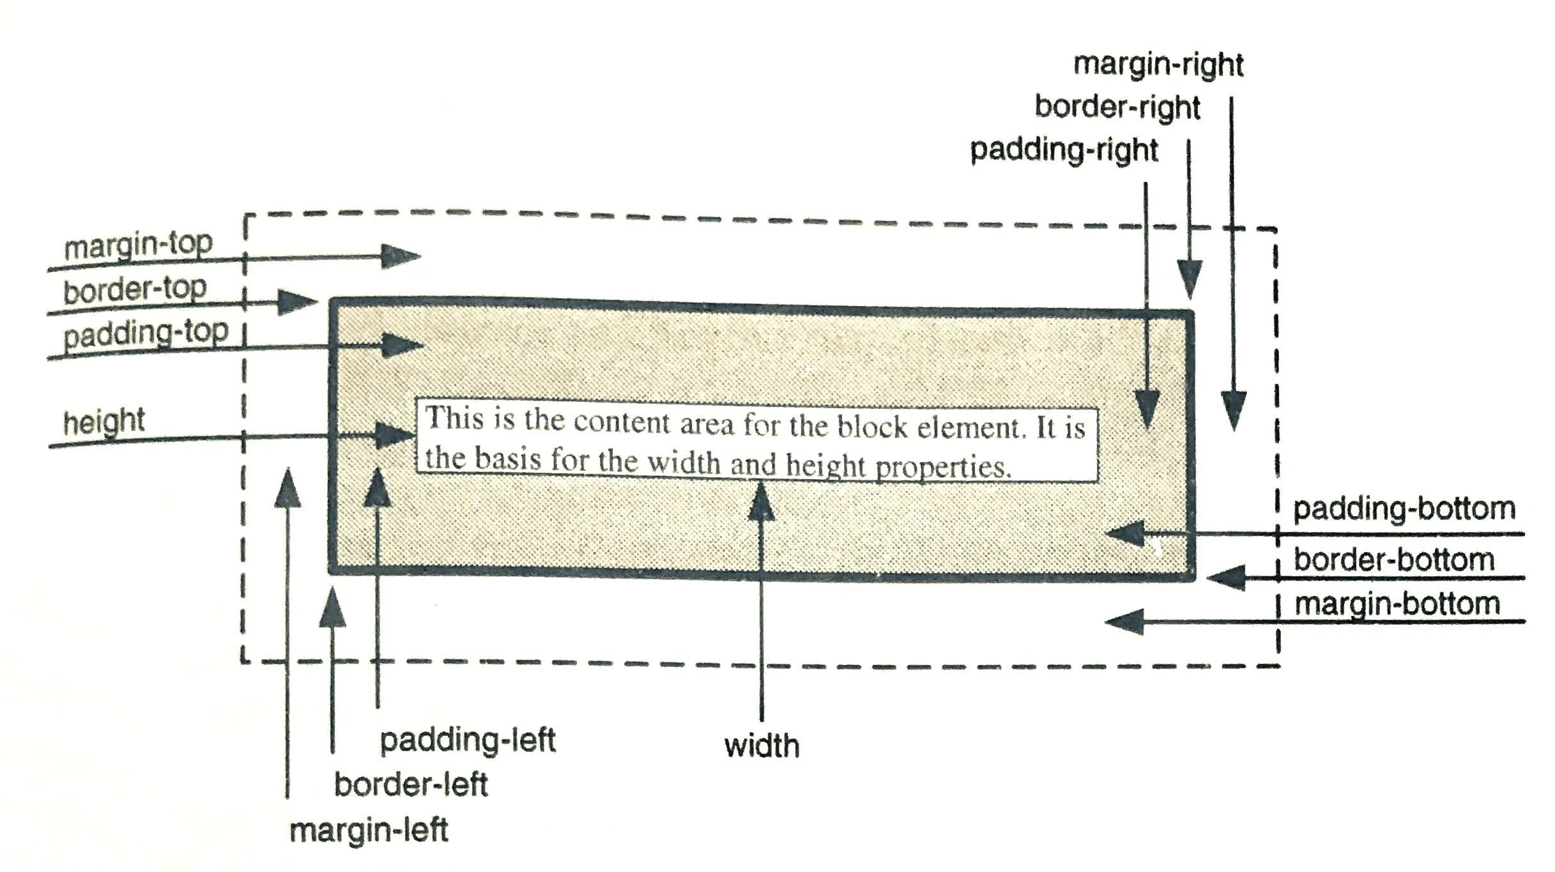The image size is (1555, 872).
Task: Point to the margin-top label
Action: [138, 245]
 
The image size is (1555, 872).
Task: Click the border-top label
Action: [135, 289]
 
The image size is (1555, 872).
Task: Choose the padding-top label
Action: [146, 333]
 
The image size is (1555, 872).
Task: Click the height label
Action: [104, 422]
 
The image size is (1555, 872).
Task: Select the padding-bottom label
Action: [1404, 509]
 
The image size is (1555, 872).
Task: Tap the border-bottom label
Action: [1394, 560]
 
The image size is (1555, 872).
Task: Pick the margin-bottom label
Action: [1397, 604]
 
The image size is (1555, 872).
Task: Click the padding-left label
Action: [468, 740]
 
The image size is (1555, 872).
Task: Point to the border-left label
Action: [411, 784]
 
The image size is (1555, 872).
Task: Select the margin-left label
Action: [369, 830]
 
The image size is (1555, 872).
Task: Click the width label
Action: [762, 746]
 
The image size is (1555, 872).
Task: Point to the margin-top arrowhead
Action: [401, 256]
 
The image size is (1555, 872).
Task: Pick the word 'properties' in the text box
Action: [943, 467]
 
